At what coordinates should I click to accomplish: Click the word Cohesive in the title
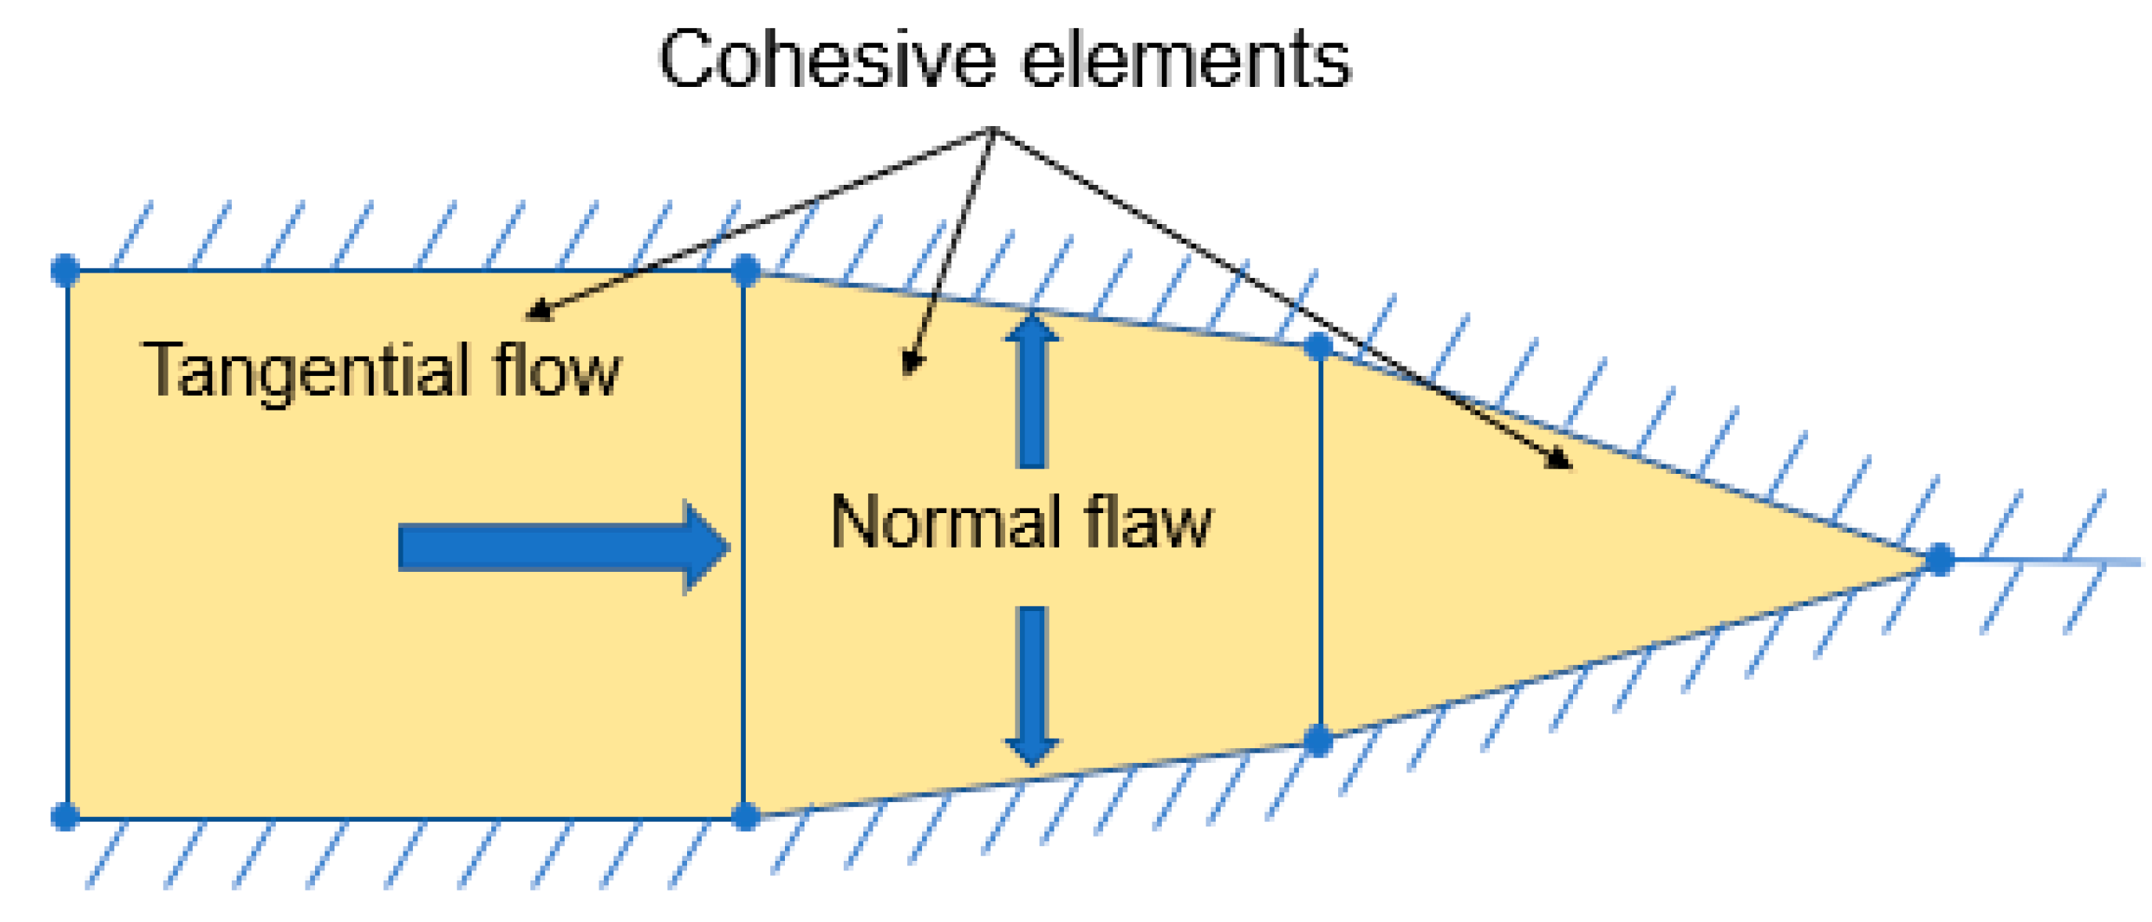pyautogui.click(x=826, y=60)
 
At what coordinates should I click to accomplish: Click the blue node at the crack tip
pyautogui.click(x=1940, y=559)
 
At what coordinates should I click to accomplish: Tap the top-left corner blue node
pyautogui.click(x=65, y=269)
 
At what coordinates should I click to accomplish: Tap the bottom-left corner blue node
pyautogui.click(x=65, y=816)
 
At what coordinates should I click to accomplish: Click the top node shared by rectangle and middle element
pyautogui.click(x=745, y=269)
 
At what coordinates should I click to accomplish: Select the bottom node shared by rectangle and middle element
pyautogui.click(x=745, y=816)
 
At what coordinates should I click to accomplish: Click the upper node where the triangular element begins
pyautogui.click(x=1319, y=345)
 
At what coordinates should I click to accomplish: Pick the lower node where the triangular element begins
pyautogui.click(x=1319, y=740)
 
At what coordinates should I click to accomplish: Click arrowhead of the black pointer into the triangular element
pyautogui.click(x=1561, y=461)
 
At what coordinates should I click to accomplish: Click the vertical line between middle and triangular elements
pyautogui.click(x=1320, y=543)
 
